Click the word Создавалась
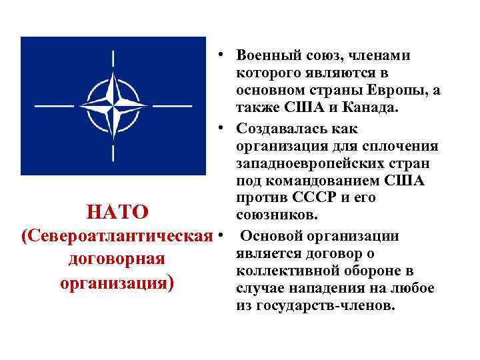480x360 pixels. [x=279, y=128]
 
